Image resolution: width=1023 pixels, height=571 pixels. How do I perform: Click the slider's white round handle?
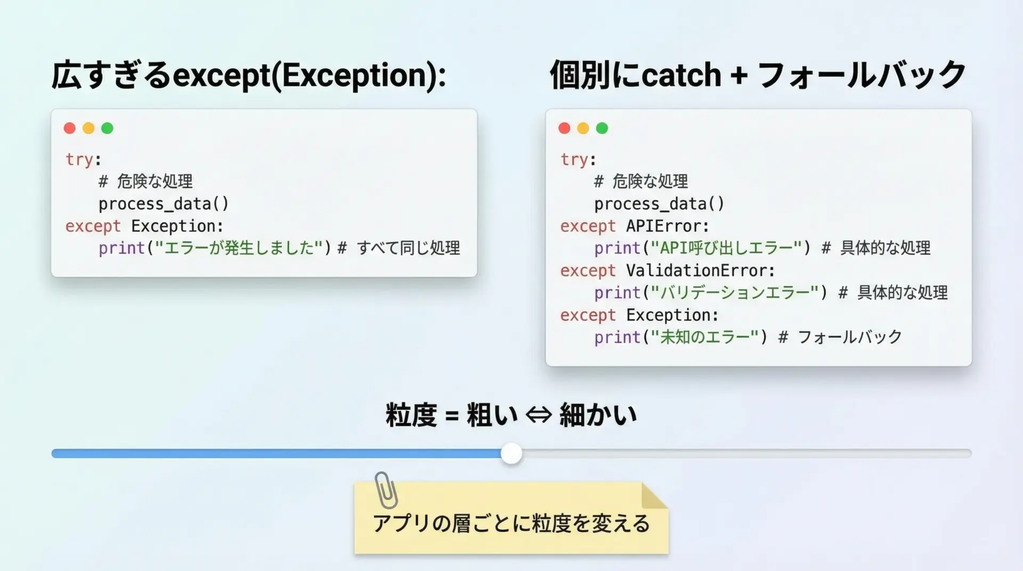click(x=511, y=453)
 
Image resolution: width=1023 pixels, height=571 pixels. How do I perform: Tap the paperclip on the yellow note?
click(x=386, y=490)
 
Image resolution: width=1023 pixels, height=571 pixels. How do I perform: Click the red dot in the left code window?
click(x=70, y=128)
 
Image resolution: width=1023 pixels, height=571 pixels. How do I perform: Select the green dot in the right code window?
click(x=602, y=128)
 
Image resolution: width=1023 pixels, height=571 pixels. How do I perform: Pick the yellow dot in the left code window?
click(x=88, y=128)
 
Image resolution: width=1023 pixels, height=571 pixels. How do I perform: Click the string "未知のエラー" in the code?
click(x=709, y=337)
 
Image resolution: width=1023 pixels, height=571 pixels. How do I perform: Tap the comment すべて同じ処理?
click(x=409, y=248)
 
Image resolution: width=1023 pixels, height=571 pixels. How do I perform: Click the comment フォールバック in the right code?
click(x=850, y=337)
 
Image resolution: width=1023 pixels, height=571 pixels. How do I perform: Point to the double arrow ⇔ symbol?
click(x=539, y=415)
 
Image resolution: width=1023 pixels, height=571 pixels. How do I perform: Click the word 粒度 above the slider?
click(x=411, y=415)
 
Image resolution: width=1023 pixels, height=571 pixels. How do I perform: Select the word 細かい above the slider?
click(x=598, y=415)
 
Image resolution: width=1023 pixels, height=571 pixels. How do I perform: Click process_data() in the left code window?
click(x=164, y=204)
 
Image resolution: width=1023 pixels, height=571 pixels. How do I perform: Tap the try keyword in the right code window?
click(x=574, y=159)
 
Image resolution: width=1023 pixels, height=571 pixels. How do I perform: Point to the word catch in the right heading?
click(x=681, y=75)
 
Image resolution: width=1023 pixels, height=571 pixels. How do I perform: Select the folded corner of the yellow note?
click(x=654, y=496)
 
